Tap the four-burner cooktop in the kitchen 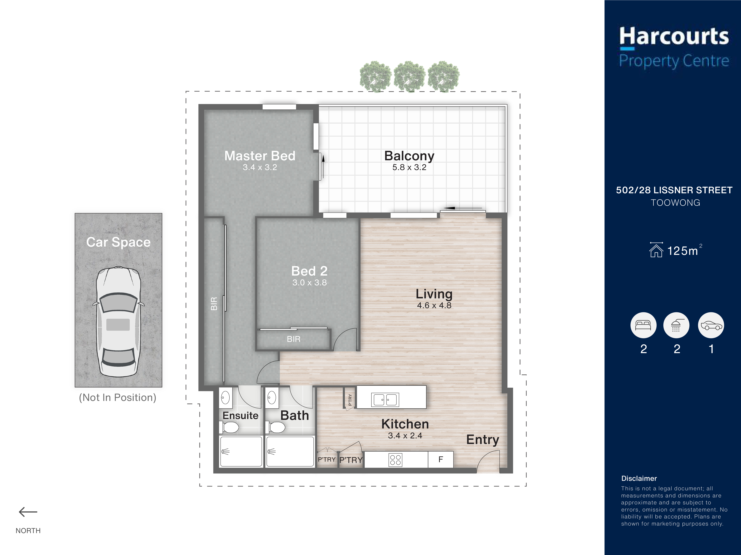point(395,460)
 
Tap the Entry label point(482,440)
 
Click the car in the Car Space point(118,321)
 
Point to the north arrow point(28,512)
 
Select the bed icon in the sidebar point(643,325)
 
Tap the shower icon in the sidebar point(676,325)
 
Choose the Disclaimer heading point(639,478)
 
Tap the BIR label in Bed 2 point(293,339)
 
